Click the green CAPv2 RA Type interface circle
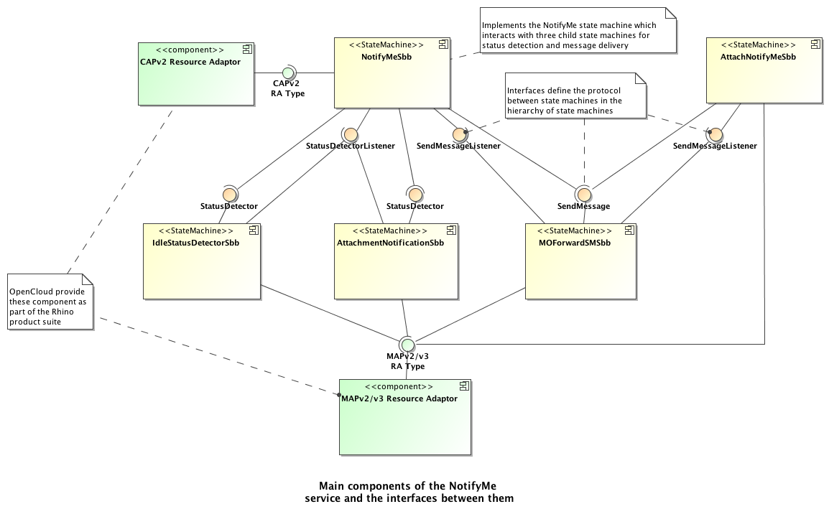[x=287, y=73]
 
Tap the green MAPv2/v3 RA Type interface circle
[x=407, y=343]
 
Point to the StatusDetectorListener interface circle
[x=351, y=134]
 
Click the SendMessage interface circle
[x=583, y=194]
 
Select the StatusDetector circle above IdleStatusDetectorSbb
[x=229, y=194]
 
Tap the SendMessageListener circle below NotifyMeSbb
[x=460, y=134]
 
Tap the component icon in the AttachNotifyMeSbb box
[x=815, y=45]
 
